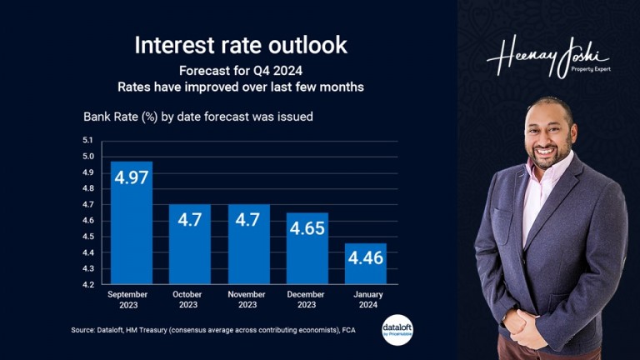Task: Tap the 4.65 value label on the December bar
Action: pyautogui.click(x=307, y=228)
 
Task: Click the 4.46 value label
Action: pyautogui.click(x=366, y=258)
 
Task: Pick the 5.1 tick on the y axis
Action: pyautogui.click(x=87, y=140)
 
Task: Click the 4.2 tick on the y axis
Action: pyautogui.click(x=87, y=284)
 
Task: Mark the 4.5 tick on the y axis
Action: pyautogui.click(x=87, y=236)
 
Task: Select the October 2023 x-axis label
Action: pyautogui.click(x=190, y=299)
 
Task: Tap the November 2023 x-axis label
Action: pyautogui.click(x=248, y=299)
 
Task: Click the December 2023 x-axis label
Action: pyautogui.click(x=307, y=299)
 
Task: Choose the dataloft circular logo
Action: pyautogui.click(x=397, y=328)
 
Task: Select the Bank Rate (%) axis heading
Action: pyautogui.click(x=197, y=117)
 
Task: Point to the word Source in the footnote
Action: pyautogui.click(x=84, y=331)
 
